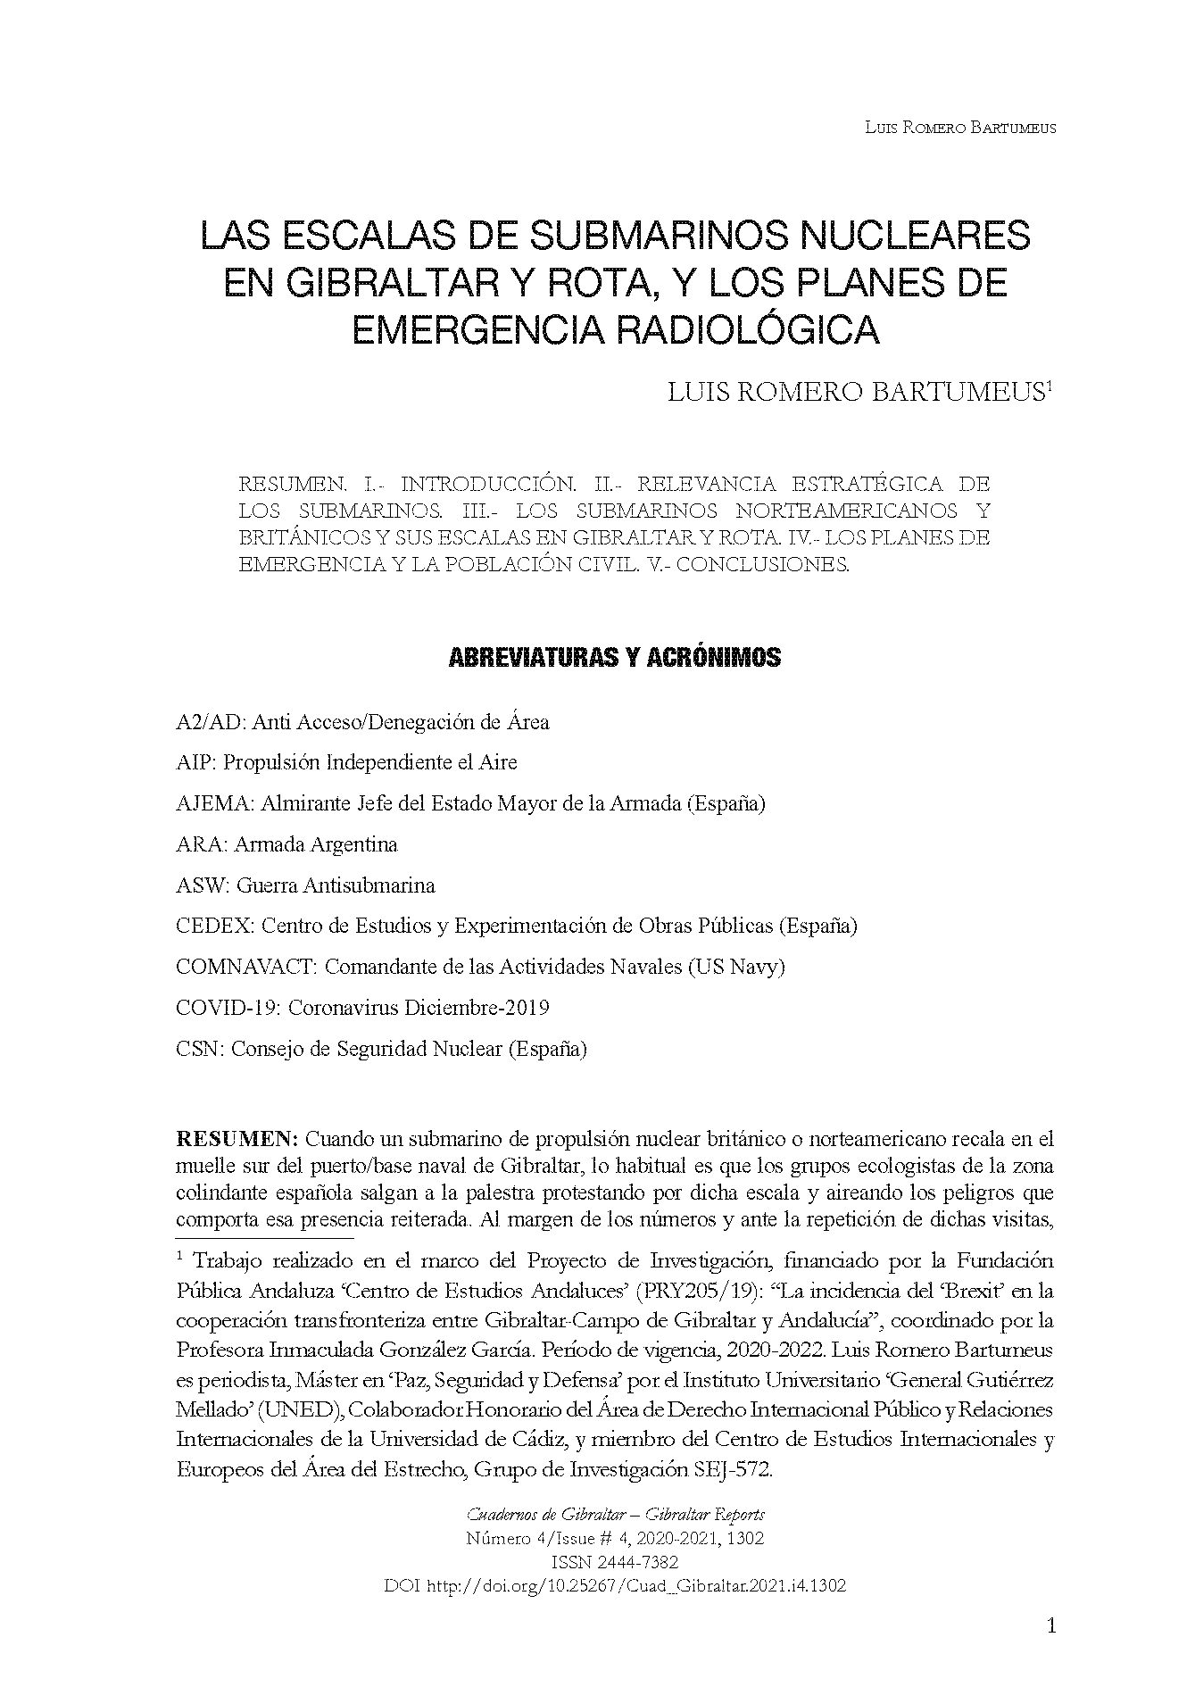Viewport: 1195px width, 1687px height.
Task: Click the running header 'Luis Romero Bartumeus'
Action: pyautogui.click(x=960, y=128)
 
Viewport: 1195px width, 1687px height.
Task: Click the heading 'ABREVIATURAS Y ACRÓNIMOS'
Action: pyautogui.click(x=613, y=658)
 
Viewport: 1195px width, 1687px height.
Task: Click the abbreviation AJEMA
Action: pyautogui.click(x=215, y=803)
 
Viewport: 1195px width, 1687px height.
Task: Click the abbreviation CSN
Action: pyautogui.click(x=199, y=1049)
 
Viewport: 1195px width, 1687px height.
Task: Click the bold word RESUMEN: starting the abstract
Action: pyautogui.click(x=237, y=1139)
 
